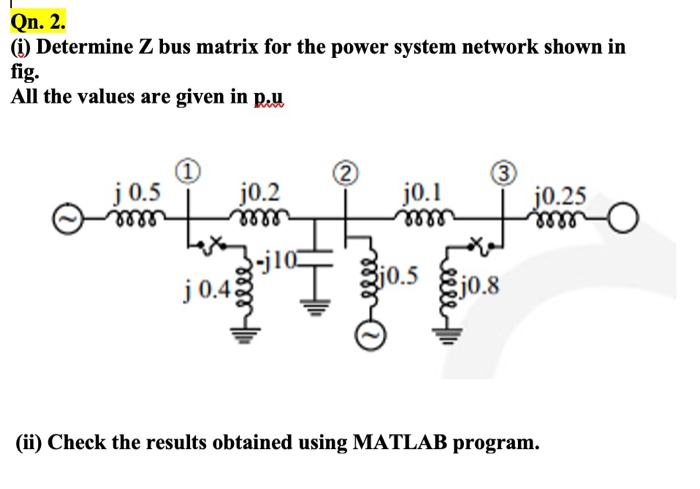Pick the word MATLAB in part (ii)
pyautogui.click(x=396, y=441)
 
